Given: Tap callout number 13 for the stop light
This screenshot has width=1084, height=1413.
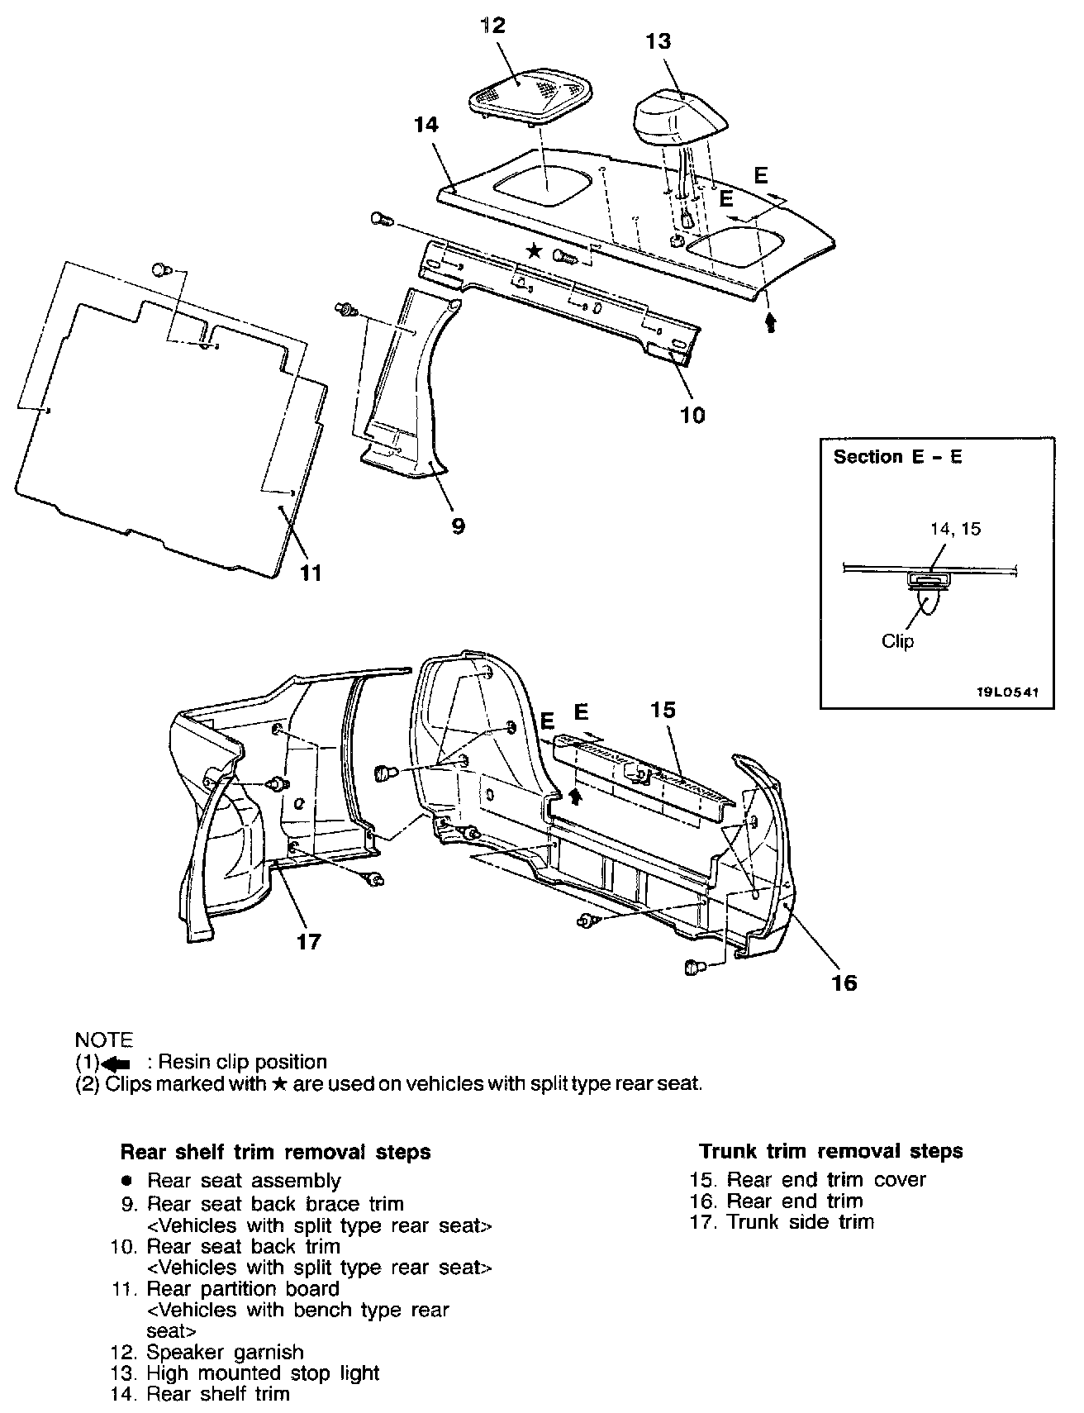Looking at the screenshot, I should point(658,41).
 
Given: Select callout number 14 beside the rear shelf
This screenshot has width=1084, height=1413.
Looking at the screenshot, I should point(427,125).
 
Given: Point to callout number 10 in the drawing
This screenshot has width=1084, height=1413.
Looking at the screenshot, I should point(692,416).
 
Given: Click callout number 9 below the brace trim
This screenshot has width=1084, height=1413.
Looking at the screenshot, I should point(458,526).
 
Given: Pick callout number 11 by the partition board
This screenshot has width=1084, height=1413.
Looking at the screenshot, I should point(310,572).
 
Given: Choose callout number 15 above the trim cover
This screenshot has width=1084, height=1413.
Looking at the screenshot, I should point(663,710).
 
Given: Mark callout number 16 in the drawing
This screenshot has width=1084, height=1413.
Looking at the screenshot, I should point(844,983).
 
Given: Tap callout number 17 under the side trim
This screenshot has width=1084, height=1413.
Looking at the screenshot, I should point(308,941).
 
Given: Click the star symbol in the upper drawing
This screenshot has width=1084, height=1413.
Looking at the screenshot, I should point(535,251).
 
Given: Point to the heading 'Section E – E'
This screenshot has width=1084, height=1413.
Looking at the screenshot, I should point(897,457).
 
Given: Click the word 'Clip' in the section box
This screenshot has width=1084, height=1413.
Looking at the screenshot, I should point(897,641).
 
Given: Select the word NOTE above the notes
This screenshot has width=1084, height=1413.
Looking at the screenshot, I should point(103,1040).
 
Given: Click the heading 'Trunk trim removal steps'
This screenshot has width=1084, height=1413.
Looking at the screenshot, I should point(830,1151).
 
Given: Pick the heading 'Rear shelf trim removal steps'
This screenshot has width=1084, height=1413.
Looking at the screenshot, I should point(275,1152).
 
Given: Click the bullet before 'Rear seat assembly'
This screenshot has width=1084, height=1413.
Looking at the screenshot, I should point(126,1181).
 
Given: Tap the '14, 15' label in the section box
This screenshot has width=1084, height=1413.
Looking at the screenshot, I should point(955,529).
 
